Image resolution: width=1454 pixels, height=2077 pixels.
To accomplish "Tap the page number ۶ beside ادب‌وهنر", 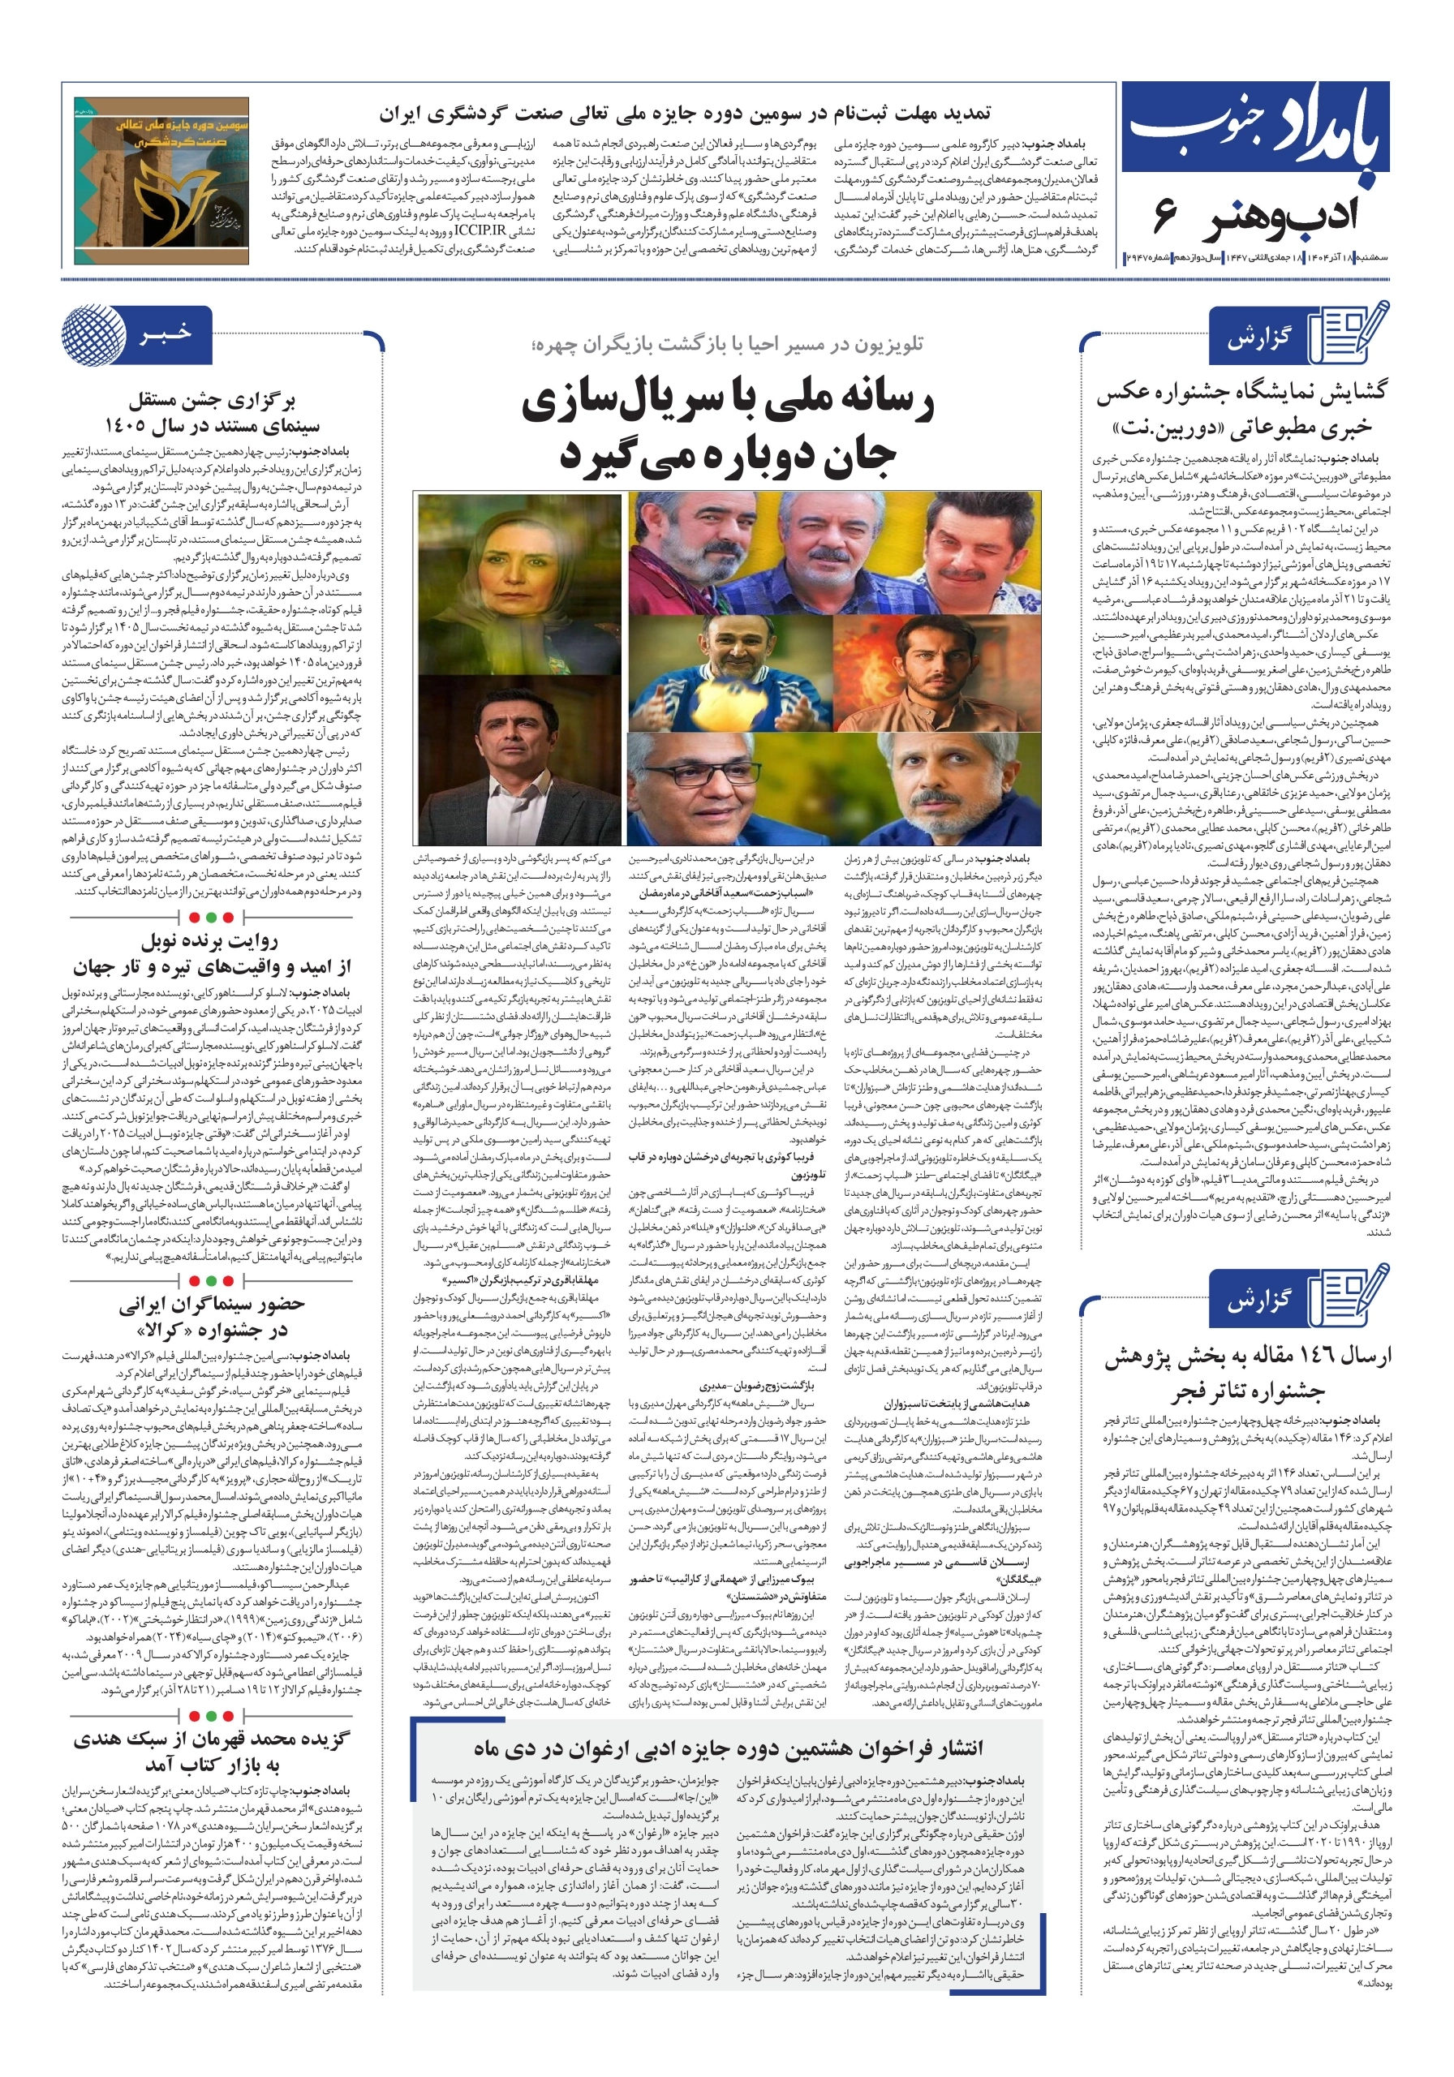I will click(1165, 217).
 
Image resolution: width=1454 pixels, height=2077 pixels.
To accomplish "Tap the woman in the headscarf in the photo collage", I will click(520, 579).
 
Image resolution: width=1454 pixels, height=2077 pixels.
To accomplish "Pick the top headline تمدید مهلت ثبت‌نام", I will click(684, 114).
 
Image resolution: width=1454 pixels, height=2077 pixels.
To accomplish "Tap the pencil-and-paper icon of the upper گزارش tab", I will click(1353, 332).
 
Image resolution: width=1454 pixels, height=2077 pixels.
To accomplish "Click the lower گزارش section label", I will click(1258, 1301).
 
